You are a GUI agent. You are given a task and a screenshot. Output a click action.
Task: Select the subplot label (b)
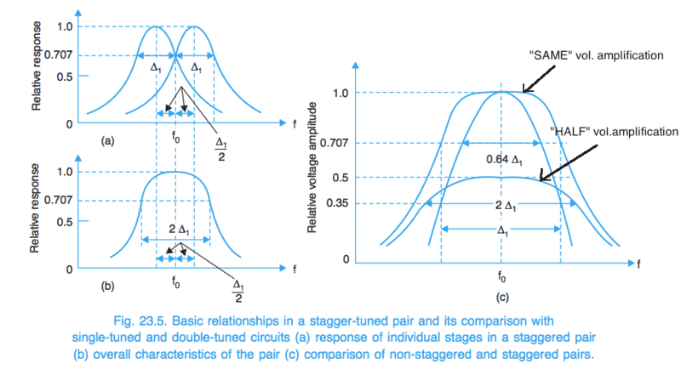108,286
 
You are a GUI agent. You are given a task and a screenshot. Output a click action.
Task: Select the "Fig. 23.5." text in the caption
141,320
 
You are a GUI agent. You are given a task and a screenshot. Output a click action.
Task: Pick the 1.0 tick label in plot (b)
66,172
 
